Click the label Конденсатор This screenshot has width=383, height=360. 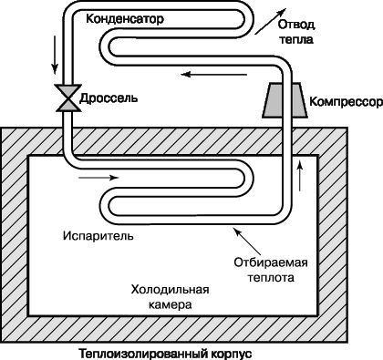click(x=125, y=19)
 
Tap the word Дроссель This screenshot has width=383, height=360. click(x=109, y=98)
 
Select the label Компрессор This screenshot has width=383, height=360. click(x=346, y=102)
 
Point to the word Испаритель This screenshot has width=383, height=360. click(x=98, y=236)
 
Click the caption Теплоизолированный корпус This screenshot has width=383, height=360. click(x=166, y=354)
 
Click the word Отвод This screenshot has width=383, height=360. click(x=296, y=25)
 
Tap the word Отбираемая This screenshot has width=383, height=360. click(x=271, y=262)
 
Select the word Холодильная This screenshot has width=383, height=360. click(x=170, y=289)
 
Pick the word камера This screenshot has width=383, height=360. click(x=171, y=304)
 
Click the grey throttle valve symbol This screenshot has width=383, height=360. click(x=68, y=98)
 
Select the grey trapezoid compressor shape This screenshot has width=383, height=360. click(x=285, y=100)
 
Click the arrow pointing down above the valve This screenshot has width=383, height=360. click(x=55, y=55)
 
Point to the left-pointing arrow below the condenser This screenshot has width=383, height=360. click(x=214, y=74)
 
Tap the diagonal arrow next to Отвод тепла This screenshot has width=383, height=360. click(x=270, y=21)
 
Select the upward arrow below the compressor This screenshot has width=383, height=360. click(x=300, y=176)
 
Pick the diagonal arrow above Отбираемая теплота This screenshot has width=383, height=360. click(x=246, y=241)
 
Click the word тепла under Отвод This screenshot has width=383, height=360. click(x=296, y=39)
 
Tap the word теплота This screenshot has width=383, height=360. click(x=271, y=277)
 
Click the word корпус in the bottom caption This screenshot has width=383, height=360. click(x=231, y=355)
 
